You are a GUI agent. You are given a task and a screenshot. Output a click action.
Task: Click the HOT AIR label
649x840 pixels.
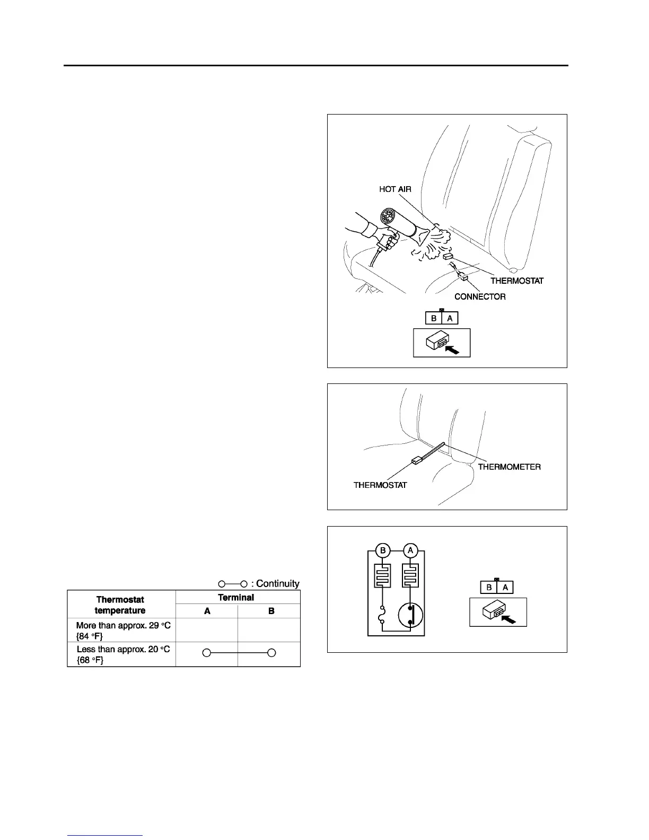(x=395, y=189)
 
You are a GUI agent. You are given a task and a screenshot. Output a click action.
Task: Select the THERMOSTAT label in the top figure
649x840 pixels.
(x=516, y=281)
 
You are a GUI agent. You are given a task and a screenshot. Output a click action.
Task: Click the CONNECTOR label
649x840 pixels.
(x=480, y=296)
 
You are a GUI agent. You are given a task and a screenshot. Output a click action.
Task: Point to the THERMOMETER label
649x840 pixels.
(x=509, y=467)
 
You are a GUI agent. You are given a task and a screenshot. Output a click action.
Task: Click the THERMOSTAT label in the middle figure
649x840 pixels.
(x=380, y=485)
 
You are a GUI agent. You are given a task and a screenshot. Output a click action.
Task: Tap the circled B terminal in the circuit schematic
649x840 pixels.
(x=383, y=551)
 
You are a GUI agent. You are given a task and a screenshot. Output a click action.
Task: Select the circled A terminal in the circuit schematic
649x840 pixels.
(x=410, y=551)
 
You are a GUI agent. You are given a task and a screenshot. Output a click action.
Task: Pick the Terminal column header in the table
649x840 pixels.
(x=236, y=597)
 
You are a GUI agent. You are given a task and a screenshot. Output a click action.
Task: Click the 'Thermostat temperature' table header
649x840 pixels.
(x=120, y=605)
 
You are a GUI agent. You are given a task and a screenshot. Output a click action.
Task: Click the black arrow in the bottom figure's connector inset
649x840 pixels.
(x=507, y=618)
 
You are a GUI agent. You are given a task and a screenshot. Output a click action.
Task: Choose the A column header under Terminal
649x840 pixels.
(x=207, y=611)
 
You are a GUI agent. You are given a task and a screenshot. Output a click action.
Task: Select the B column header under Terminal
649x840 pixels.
(x=271, y=611)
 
